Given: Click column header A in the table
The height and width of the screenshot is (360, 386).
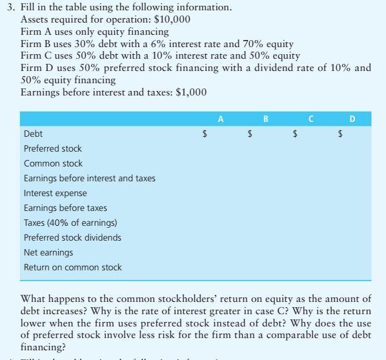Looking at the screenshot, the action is pyautogui.click(x=221, y=119).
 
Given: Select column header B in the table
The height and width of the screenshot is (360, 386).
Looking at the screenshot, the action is pyautogui.click(x=266, y=119).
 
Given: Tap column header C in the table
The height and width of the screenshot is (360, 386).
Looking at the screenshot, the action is pyautogui.click(x=311, y=119).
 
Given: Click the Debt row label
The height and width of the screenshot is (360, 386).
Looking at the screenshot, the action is pyautogui.click(x=34, y=134).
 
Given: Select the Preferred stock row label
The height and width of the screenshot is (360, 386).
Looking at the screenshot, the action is pyautogui.click(x=53, y=148).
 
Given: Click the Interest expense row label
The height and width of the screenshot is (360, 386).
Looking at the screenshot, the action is pyautogui.click(x=55, y=193).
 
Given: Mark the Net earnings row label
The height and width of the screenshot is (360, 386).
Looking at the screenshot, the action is pyautogui.click(x=48, y=252).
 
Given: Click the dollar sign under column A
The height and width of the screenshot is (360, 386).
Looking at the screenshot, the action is pyautogui.click(x=205, y=134).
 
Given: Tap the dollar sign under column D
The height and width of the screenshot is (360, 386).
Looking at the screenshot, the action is pyautogui.click(x=341, y=134).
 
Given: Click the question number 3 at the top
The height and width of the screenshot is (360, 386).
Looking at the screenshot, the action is pyautogui.click(x=10, y=8).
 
